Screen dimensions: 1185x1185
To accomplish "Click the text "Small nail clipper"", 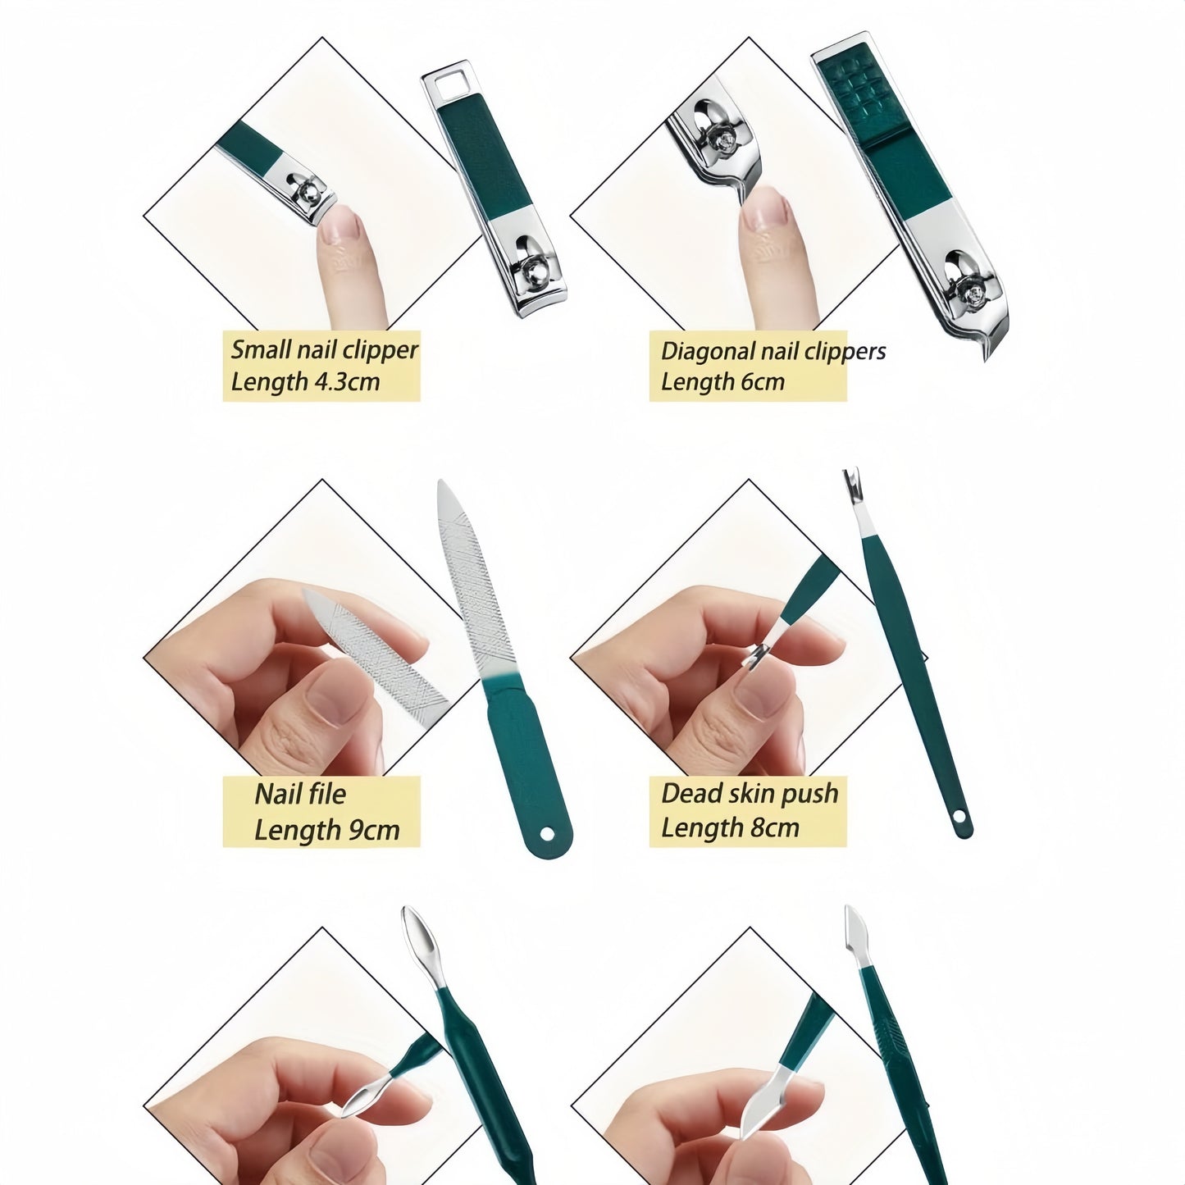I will tap(324, 350).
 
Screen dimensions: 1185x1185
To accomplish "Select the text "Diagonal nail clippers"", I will tap(773, 351).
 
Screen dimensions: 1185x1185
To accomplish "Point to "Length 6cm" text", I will tap(722, 382).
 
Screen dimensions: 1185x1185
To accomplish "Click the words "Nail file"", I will tap(300, 794).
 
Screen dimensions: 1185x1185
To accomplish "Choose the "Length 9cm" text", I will tap(326, 830).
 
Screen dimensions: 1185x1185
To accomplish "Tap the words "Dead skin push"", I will tap(750, 794).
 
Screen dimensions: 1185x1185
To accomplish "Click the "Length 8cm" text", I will tap(730, 828).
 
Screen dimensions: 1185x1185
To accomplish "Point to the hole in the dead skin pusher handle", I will tap(960, 817).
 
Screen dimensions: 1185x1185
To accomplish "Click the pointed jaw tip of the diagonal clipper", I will tap(990, 351).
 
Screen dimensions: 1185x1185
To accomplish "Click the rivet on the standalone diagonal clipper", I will tap(973, 292).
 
